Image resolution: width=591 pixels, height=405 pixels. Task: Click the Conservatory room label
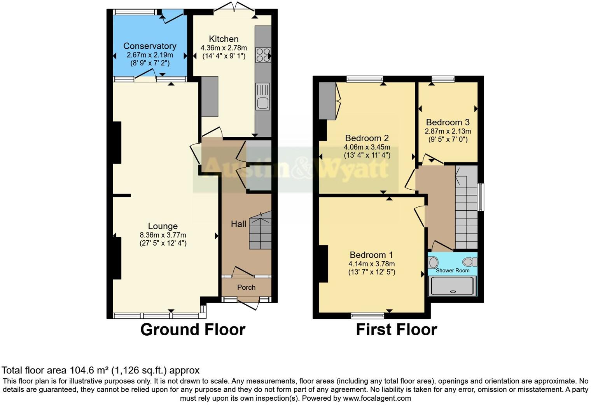coord(150,46)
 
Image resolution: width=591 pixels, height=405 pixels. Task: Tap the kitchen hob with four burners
coord(263,55)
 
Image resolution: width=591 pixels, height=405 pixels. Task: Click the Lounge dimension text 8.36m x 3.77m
coord(163,235)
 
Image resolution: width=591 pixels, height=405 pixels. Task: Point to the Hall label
coord(238,224)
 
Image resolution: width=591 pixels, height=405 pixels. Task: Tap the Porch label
coord(246,287)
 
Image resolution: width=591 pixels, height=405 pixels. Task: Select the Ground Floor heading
coord(192,329)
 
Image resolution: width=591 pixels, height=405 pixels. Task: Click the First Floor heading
coord(396,329)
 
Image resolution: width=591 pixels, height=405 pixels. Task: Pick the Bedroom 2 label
coord(367,138)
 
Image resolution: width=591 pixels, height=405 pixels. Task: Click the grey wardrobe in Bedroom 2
coord(327,101)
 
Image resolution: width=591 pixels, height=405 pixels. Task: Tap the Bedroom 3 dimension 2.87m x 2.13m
coord(448,131)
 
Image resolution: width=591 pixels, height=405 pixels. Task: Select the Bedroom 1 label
coord(371,255)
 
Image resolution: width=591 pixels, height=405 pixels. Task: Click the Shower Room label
coord(452,270)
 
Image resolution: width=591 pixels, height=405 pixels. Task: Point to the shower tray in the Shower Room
coord(452,286)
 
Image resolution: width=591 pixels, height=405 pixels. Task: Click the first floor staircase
coord(466,208)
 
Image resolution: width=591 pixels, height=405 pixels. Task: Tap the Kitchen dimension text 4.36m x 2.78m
coord(224,48)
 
